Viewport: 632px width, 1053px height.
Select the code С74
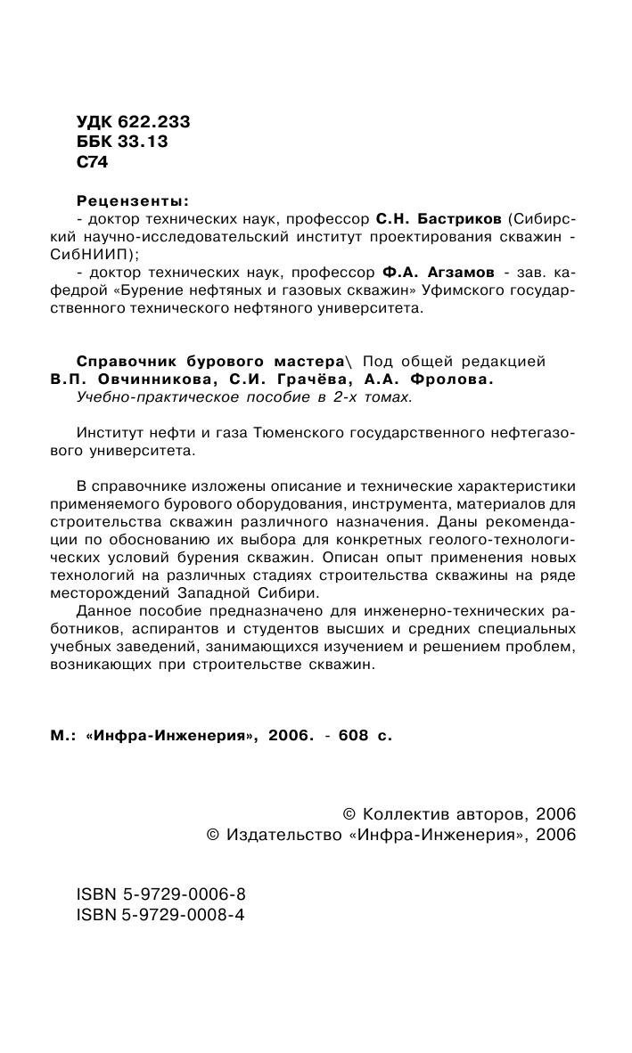pos(92,162)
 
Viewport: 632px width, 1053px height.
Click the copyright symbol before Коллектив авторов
pos(349,814)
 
